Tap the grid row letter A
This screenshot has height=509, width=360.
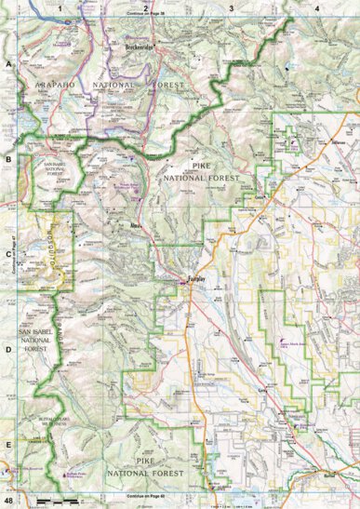8,65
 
